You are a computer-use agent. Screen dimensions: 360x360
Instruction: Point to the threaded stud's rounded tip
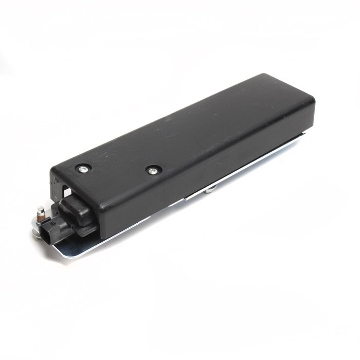coord(40,209)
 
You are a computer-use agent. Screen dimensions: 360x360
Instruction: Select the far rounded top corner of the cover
coord(268,77)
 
